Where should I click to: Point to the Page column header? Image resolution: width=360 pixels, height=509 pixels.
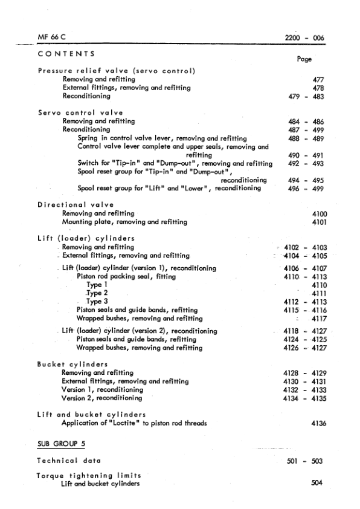coord(304,60)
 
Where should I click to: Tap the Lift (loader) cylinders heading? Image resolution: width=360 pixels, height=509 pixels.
coord(85,238)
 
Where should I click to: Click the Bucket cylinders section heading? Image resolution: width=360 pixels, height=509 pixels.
coord(72,365)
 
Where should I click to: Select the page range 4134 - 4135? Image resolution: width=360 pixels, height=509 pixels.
coord(304,398)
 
